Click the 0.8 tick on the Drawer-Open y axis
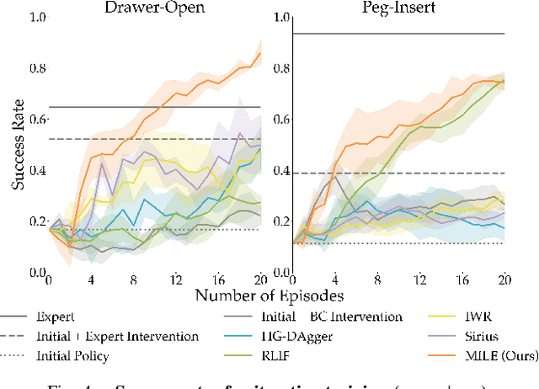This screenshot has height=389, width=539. [36, 68]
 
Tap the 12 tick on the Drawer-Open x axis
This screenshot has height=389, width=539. [174, 280]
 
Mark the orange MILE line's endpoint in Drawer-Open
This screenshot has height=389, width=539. [260, 53]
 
